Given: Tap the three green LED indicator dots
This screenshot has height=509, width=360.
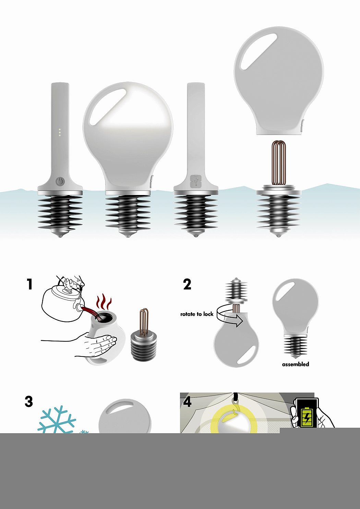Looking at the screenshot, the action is (60, 132).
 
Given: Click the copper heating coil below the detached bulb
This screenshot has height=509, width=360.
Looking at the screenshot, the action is (279, 163).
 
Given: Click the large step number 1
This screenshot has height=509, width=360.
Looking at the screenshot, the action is (30, 284).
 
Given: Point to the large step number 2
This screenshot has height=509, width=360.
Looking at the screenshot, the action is (187, 284).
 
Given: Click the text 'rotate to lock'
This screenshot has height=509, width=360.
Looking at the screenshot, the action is (197, 314).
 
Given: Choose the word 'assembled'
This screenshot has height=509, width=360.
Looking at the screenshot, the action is (296, 364).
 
